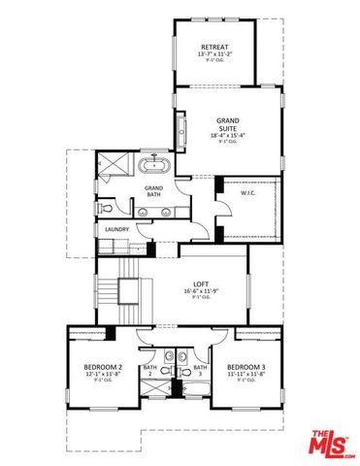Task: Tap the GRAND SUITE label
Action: click(227, 123)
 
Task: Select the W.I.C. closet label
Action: click(248, 193)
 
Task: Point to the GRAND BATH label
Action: click(154, 190)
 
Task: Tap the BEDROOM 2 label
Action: click(102, 366)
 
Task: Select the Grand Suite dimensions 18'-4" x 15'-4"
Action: click(227, 135)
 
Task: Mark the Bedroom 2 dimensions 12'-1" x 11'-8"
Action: click(102, 374)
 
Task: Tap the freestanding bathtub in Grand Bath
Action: click(153, 163)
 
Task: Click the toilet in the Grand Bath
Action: click(107, 207)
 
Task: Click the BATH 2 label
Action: click(150, 370)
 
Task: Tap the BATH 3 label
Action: click(200, 370)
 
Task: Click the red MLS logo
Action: click(331, 443)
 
